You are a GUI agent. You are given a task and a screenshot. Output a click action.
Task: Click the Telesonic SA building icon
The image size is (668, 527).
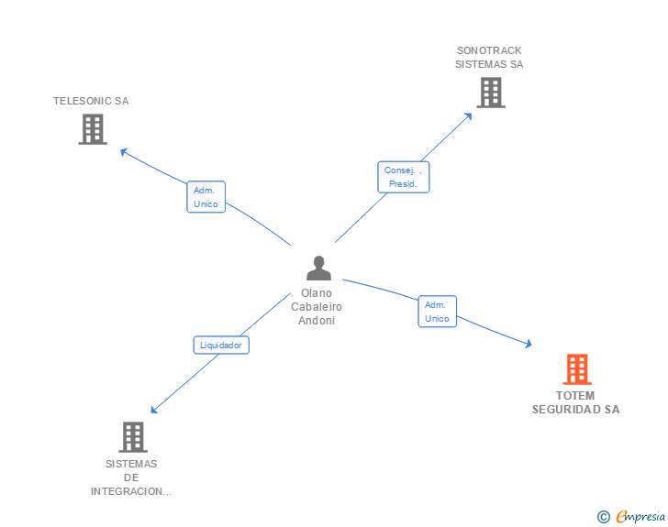pyautogui.click(x=93, y=129)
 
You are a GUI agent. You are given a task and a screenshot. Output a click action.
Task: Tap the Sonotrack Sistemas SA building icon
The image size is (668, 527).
pyautogui.click(x=491, y=93)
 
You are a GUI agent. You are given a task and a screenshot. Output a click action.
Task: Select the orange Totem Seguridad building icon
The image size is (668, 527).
pyautogui.click(x=576, y=369)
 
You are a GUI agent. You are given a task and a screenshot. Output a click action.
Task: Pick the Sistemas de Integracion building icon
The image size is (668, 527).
pyautogui.click(x=133, y=437)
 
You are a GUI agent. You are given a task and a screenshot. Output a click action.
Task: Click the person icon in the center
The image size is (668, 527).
pyautogui.click(x=318, y=269)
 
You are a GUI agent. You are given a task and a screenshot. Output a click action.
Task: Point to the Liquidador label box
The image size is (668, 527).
pyautogui.click(x=221, y=346)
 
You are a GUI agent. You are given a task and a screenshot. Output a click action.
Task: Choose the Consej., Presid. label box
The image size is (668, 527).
pyautogui.click(x=404, y=177)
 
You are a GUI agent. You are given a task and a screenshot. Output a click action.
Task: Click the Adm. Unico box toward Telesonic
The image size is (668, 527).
pyautogui.click(x=206, y=197)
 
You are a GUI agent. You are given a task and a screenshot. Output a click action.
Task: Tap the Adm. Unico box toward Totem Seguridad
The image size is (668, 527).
pyautogui.click(x=437, y=312)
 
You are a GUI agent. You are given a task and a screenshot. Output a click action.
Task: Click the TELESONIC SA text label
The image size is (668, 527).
pyautogui.click(x=91, y=101)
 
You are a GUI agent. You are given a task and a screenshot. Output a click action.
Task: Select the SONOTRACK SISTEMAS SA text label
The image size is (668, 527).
pyautogui.click(x=490, y=58)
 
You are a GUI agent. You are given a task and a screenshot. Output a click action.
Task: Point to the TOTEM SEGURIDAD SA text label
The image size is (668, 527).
pyautogui.click(x=576, y=402)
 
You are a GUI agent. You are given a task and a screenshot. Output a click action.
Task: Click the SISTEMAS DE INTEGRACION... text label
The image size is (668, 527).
pyautogui.click(x=131, y=478)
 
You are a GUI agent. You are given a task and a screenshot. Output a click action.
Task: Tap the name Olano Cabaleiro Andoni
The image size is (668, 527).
pyautogui.click(x=317, y=307)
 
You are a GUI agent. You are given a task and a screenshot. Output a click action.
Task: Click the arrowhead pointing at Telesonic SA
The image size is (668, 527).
pyautogui.click(x=124, y=152)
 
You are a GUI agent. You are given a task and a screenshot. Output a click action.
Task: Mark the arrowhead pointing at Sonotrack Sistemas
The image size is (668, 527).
pyautogui.click(x=469, y=115)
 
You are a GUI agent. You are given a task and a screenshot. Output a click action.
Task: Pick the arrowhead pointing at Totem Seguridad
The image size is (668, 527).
pyautogui.click(x=528, y=344)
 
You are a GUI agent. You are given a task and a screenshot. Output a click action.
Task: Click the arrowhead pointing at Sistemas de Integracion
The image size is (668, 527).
pyautogui.click(x=154, y=410)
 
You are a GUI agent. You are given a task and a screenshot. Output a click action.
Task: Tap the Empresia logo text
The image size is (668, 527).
pyautogui.click(x=640, y=516)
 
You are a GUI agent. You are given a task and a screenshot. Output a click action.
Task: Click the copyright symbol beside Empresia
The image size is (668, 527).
pyautogui.click(x=603, y=517)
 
